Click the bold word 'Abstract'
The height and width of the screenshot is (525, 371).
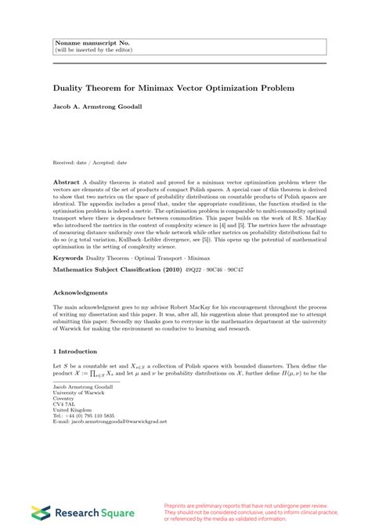pyautogui.click(x=66, y=179)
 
